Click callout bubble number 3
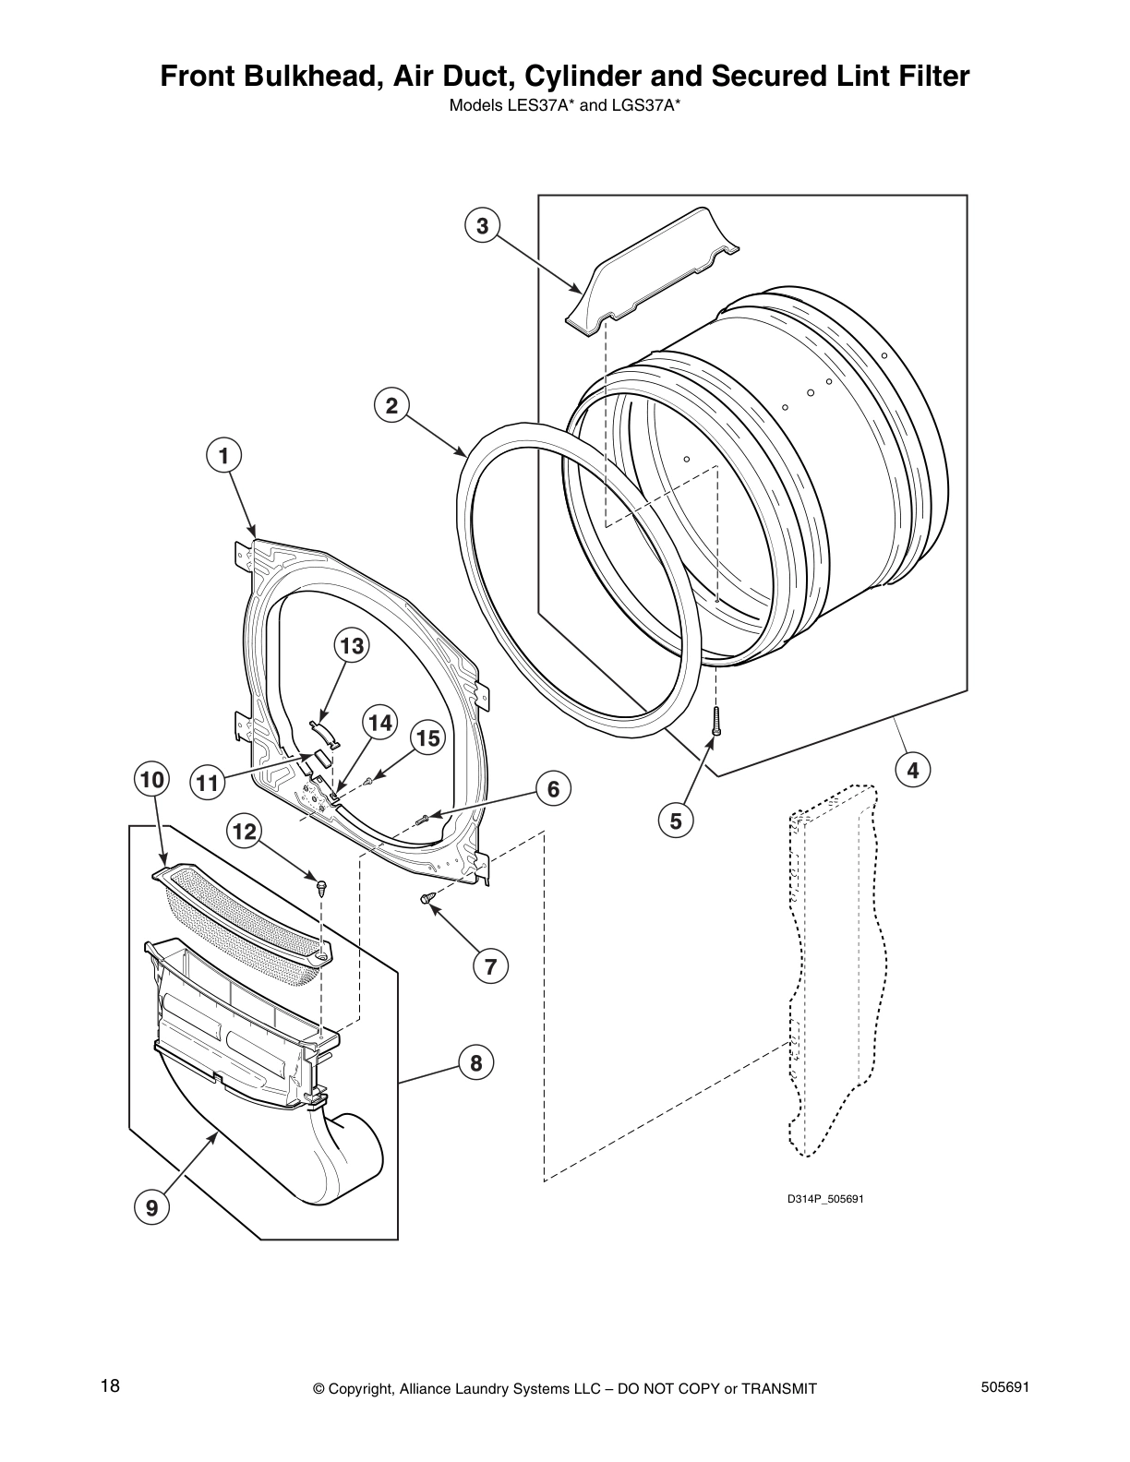[x=482, y=225]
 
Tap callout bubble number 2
[x=391, y=406]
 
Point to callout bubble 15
[x=427, y=738]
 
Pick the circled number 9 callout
[x=151, y=1207]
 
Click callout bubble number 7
[x=490, y=967]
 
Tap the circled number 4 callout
[x=913, y=771]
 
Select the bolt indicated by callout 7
[x=427, y=898]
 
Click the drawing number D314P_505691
[x=824, y=1199]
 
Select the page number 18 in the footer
[x=110, y=1386]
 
